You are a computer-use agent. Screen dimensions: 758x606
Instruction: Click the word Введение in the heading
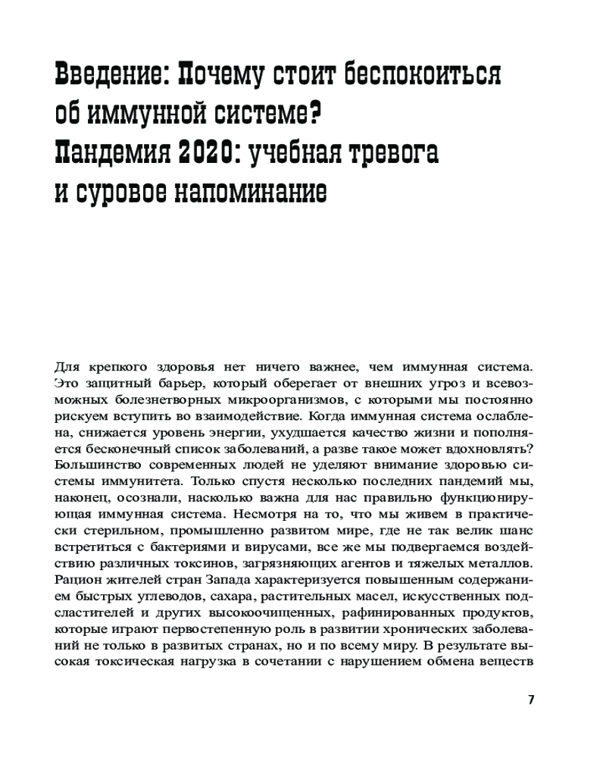pyautogui.click(x=105, y=76)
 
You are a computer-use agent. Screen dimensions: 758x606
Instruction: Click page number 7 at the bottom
pyautogui.click(x=531, y=700)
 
